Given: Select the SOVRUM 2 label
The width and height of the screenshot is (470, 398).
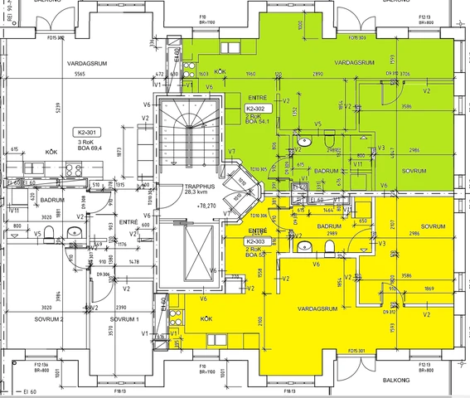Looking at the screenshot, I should pos(50,318).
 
